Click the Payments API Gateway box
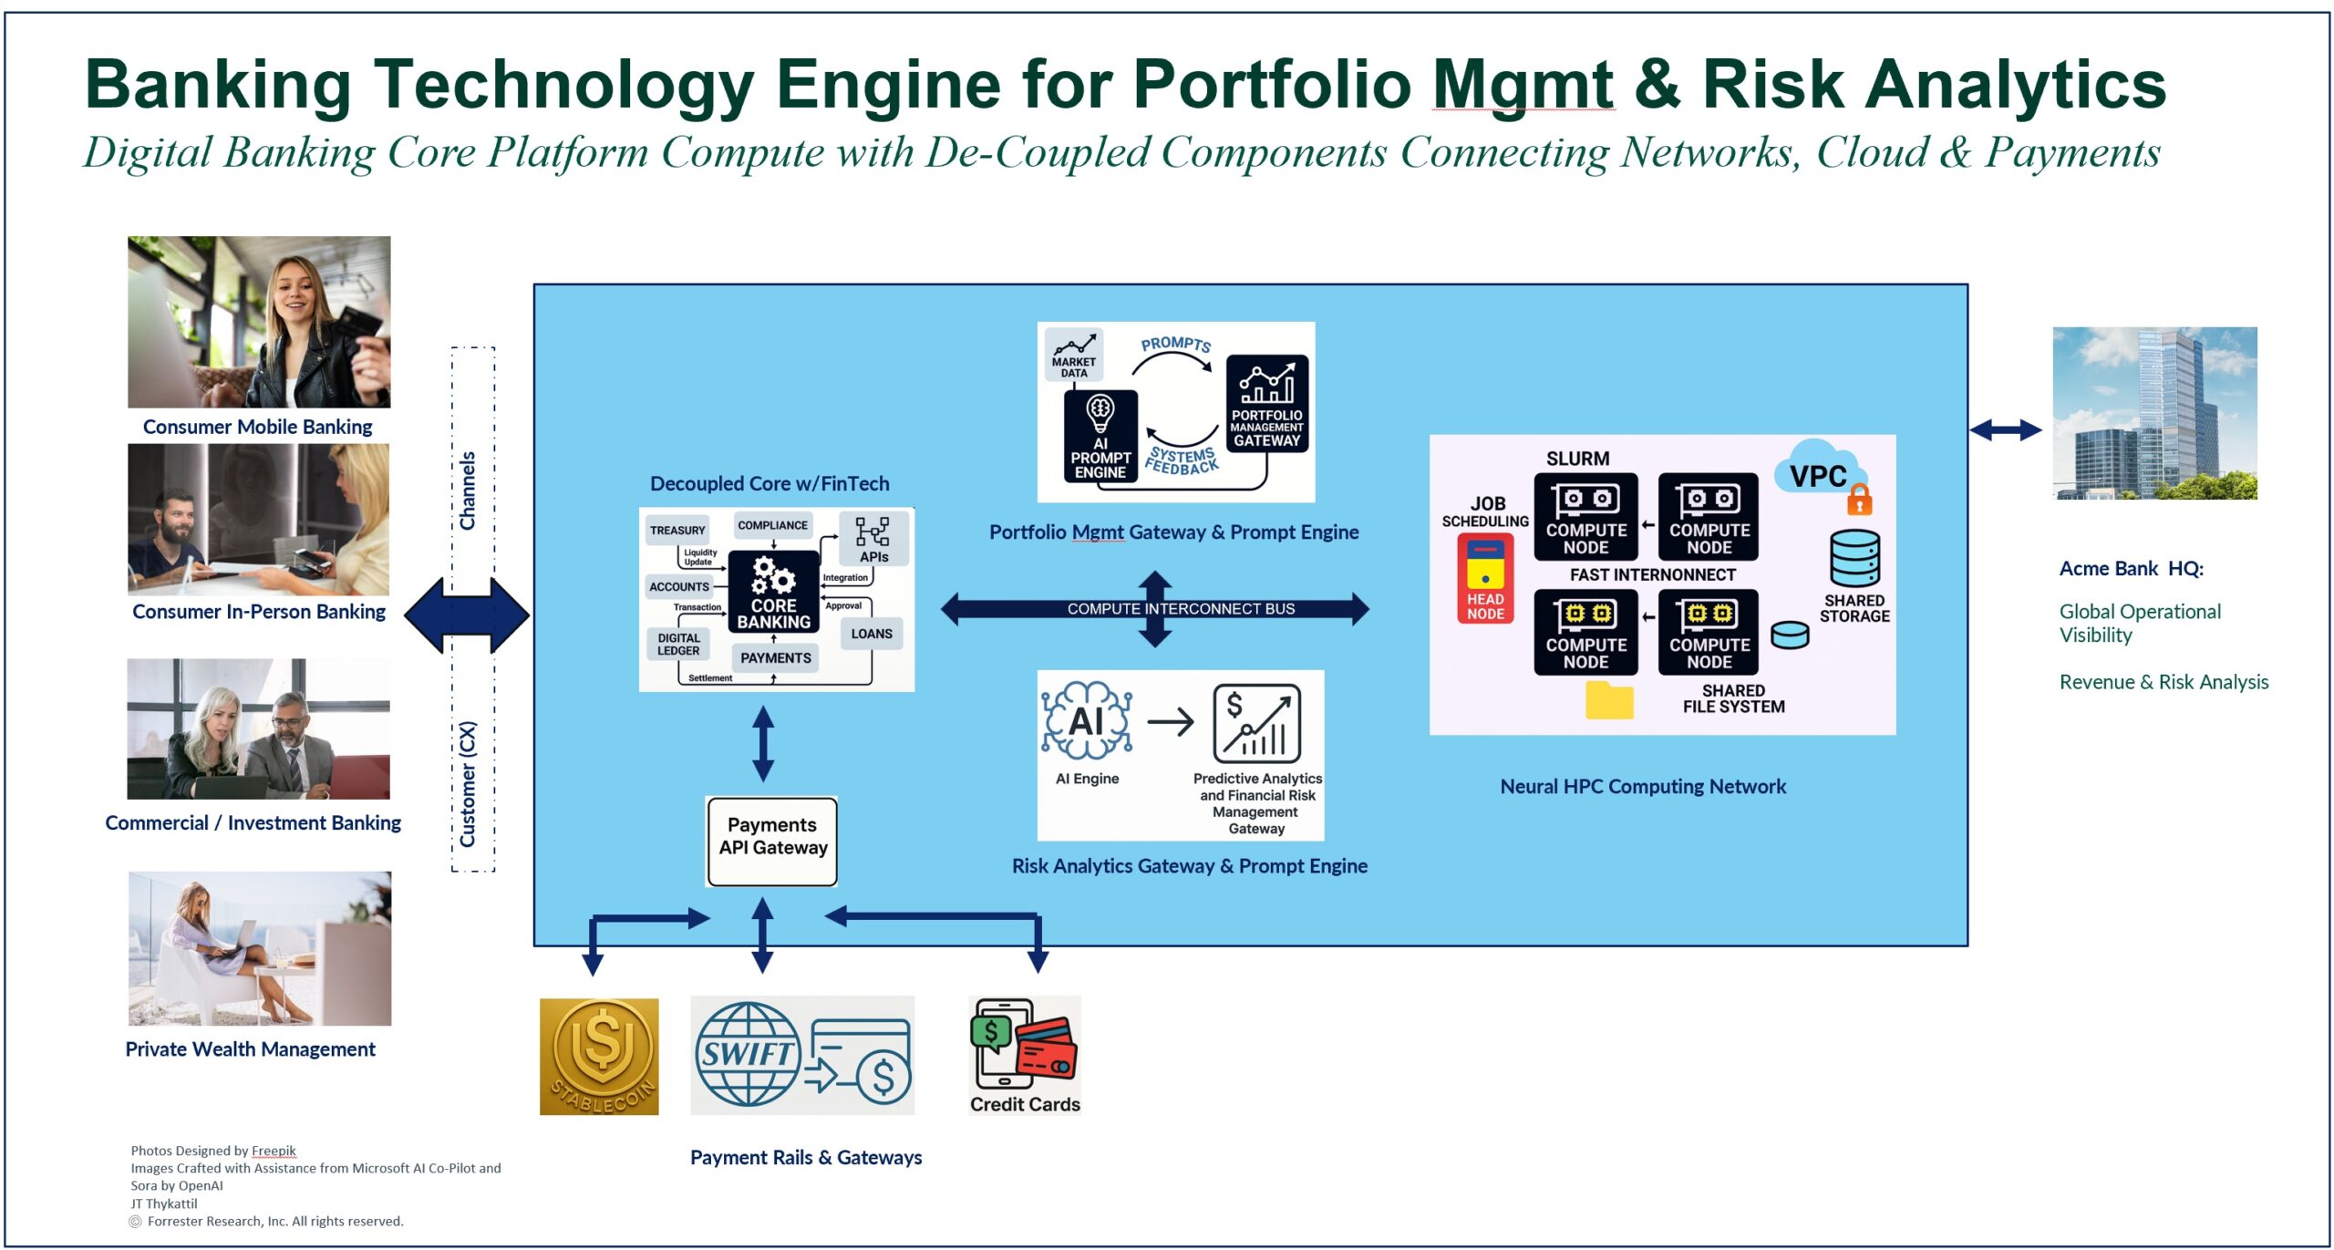tap(771, 841)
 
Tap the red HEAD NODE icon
tap(1484, 578)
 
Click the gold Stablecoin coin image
tap(599, 1055)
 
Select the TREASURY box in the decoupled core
tap(676, 530)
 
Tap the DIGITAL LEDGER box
tap(678, 644)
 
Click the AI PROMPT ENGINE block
tap(1100, 436)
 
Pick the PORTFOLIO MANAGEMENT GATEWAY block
tap(1266, 404)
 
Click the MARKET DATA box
tap(1073, 354)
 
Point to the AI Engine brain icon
tap(1086, 721)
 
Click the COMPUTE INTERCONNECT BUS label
tap(1180, 608)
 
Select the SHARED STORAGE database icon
tap(1854, 558)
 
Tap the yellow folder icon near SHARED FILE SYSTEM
tap(1608, 700)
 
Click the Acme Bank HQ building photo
tap(2153, 412)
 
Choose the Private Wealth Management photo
tap(260, 947)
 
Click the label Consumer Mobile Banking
tap(257, 427)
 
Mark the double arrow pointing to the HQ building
tap(2006, 429)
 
